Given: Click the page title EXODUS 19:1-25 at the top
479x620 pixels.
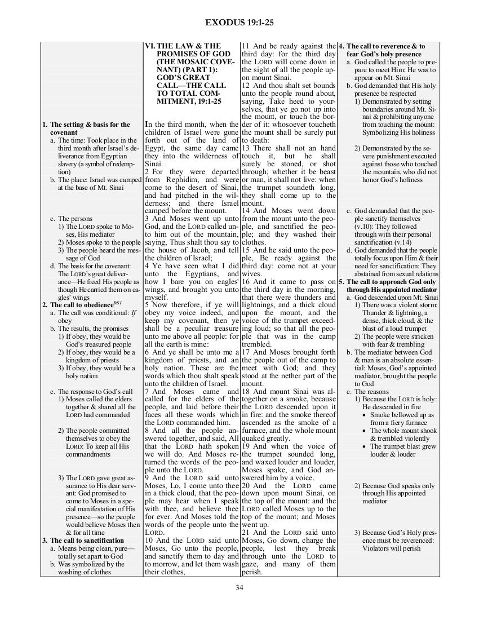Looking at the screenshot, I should coord(239,23).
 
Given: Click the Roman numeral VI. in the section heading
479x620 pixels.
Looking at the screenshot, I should coord(150,46).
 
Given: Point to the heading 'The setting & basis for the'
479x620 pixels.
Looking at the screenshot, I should coord(86,124).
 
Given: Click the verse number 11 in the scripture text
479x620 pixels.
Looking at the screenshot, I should coord(245,46).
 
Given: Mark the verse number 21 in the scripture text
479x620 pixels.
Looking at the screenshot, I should coord(245,533).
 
